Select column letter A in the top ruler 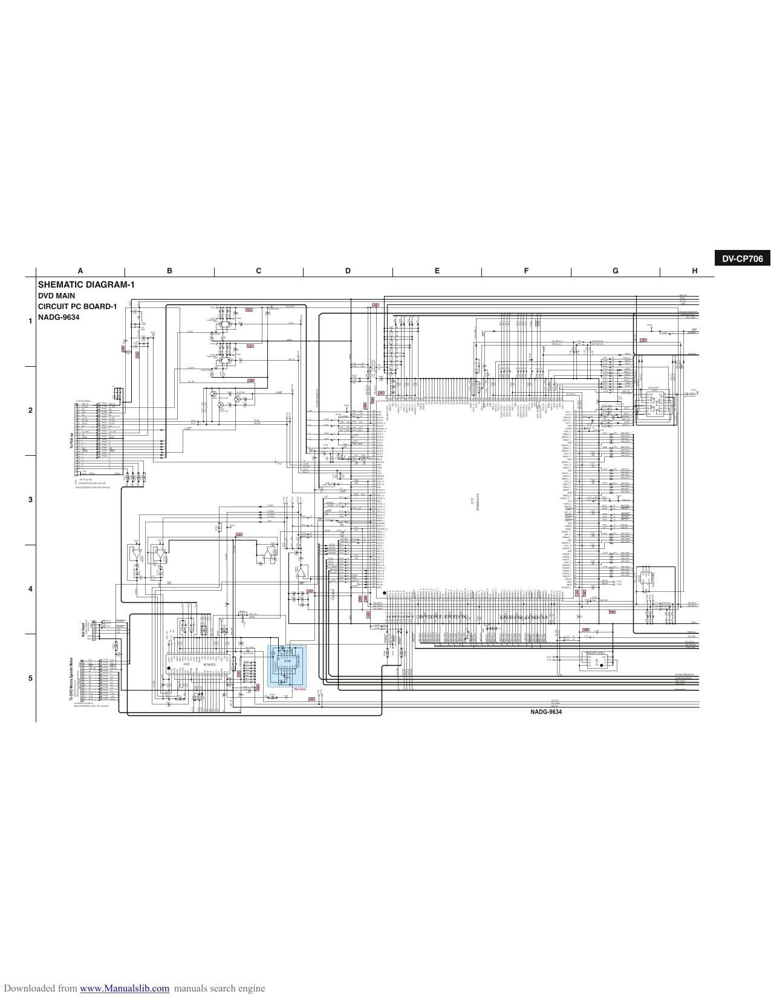point(80,271)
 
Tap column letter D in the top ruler point(348,271)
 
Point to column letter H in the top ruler point(695,271)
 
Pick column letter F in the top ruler point(526,271)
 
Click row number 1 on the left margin point(30,321)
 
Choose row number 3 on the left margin point(30,500)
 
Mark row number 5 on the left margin point(30,678)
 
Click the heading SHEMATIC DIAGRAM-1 point(86,284)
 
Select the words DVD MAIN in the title point(57,295)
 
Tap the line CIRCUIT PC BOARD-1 point(77,306)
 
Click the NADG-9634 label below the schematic point(546,712)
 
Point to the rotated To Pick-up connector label point(71,441)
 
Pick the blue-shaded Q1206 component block point(287,666)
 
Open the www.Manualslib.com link point(125,988)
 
